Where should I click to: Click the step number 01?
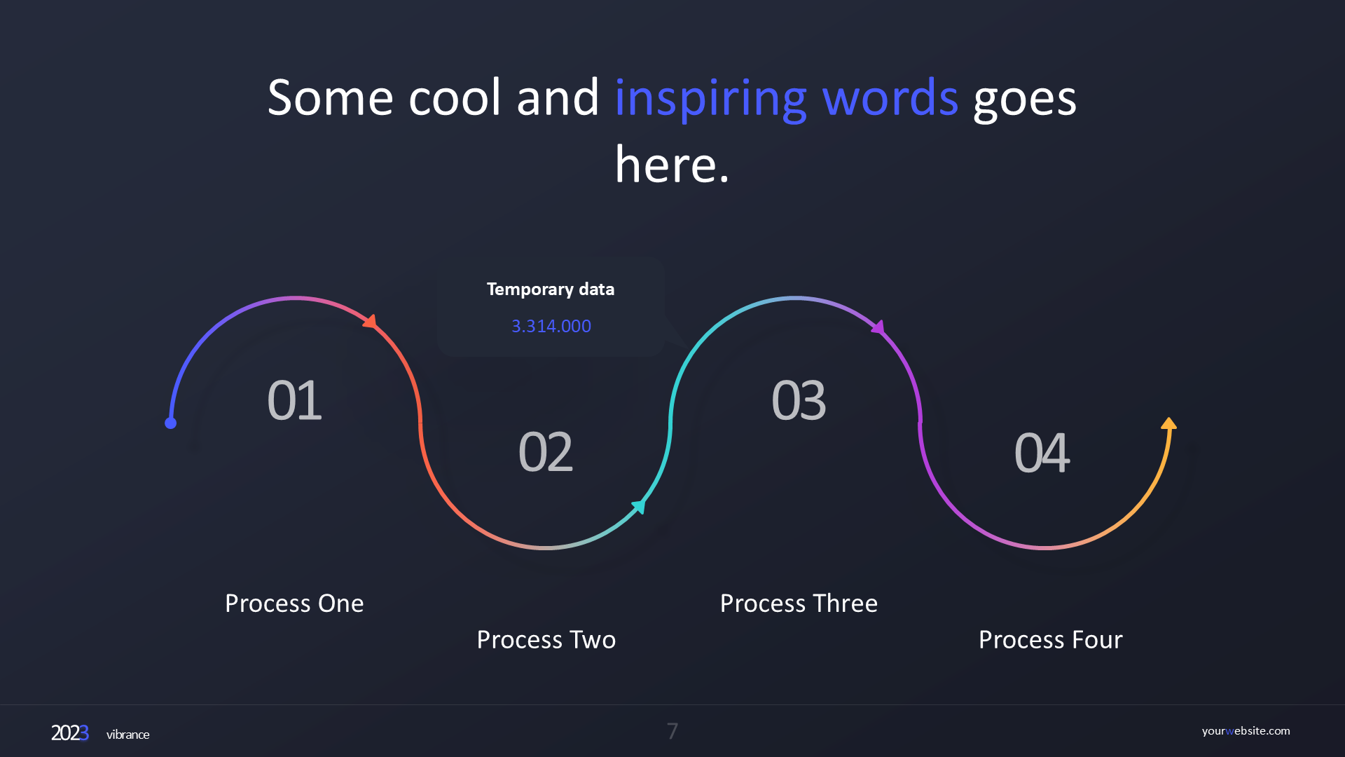(x=294, y=400)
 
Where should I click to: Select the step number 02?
(x=546, y=452)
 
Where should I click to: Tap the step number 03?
(x=799, y=400)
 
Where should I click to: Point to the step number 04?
(x=1042, y=452)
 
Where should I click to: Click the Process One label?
(x=294, y=603)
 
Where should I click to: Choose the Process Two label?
(x=546, y=640)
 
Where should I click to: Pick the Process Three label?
(x=799, y=603)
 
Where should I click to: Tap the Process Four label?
(x=1051, y=640)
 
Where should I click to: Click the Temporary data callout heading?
(x=551, y=289)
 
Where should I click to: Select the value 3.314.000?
(x=551, y=326)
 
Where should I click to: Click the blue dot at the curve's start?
(x=170, y=423)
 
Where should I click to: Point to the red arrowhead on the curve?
(x=371, y=322)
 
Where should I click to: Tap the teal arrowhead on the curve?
(x=639, y=506)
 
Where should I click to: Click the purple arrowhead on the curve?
(x=878, y=327)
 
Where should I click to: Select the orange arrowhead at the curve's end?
(x=1168, y=423)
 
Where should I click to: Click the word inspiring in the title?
(x=711, y=98)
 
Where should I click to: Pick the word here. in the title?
(x=672, y=165)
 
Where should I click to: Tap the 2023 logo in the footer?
(x=70, y=733)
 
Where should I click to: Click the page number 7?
(x=672, y=731)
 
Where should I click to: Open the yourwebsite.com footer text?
(x=1246, y=731)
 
